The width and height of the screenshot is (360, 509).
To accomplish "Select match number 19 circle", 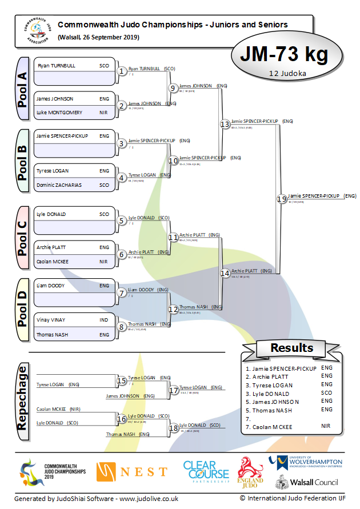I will [281, 199].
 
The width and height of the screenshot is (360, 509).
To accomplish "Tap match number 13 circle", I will [225, 124].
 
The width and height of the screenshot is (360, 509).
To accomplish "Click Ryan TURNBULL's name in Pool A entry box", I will [57, 66].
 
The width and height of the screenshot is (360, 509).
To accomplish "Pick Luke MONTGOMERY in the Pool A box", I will [59, 113].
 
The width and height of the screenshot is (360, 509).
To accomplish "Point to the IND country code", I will [104, 320].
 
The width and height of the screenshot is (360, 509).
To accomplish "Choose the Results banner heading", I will [291, 348].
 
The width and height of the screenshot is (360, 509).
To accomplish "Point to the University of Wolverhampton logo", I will [306, 462].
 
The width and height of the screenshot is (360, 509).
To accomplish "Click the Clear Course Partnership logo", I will [206, 471].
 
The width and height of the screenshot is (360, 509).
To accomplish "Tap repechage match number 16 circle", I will [121, 419].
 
